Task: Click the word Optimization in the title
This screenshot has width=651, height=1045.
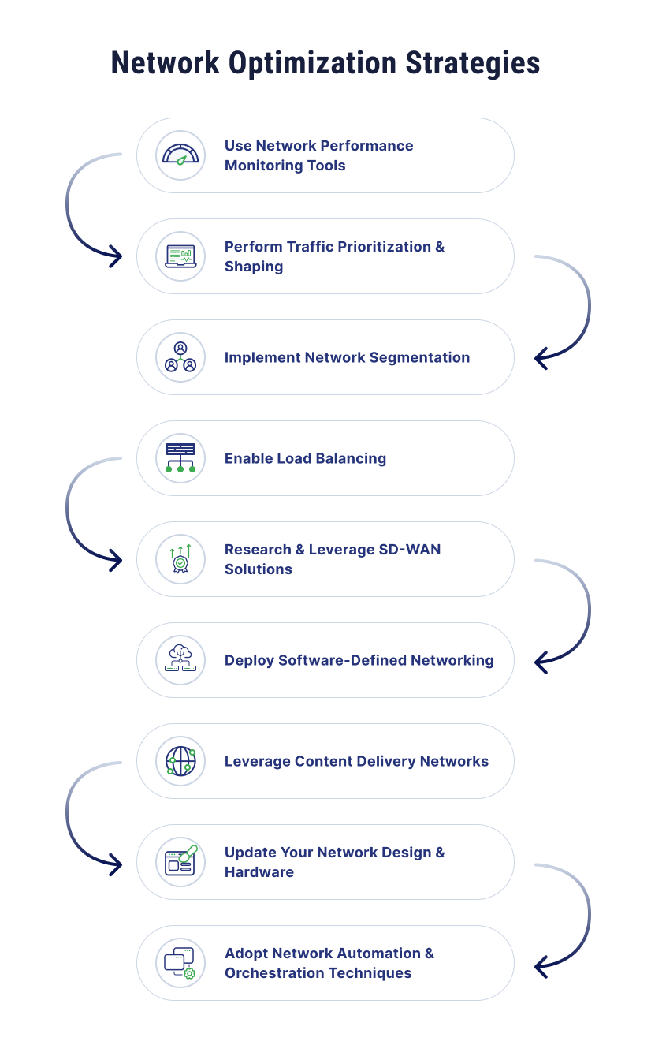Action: (312, 64)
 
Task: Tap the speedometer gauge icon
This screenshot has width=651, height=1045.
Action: (180, 155)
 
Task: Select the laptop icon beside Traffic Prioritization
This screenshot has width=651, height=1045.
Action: (180, 256)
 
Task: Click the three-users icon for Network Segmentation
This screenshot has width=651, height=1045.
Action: (180, 357)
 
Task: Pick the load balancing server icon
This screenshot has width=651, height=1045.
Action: (180, 457)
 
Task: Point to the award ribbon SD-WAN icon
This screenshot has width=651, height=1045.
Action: (180, 558)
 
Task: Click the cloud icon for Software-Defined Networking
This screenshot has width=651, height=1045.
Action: (180, 659)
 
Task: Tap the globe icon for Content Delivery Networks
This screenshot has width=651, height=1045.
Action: (181, 761)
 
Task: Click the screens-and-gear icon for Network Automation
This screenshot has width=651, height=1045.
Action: (180, 963)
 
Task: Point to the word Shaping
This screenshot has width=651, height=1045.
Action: (254, 267)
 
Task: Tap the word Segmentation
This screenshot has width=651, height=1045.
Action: (419, 357)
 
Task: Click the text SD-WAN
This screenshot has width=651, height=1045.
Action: (410, 550)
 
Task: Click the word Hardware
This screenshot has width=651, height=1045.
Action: (259, 872)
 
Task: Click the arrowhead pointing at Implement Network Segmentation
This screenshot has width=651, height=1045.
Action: (541, 359)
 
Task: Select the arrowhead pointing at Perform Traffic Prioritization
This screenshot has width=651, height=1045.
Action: (116, 256)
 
